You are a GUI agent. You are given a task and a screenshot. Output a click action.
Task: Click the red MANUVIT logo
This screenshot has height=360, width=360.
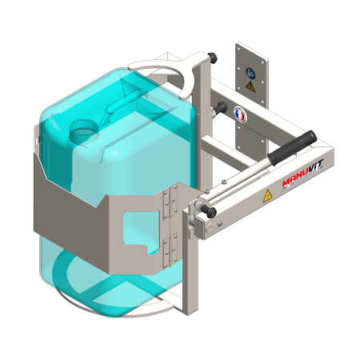click(303, 174)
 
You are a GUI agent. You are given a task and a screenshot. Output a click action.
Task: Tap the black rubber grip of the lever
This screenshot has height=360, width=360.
click(292, 148)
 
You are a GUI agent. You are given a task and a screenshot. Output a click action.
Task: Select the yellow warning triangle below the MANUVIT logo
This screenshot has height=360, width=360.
click(267, 196)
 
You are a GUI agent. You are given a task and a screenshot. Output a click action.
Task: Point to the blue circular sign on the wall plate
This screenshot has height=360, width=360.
click(250, 74)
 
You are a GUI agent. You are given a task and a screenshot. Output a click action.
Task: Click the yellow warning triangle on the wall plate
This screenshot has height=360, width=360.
click(250, 86)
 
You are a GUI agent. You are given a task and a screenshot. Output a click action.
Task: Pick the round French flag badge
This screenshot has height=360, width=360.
click(240, 114)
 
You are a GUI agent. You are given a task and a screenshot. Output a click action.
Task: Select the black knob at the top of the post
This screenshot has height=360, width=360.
click(213, 57)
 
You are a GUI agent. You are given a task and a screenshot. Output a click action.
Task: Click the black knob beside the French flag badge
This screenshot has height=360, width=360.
click(221, 108)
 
